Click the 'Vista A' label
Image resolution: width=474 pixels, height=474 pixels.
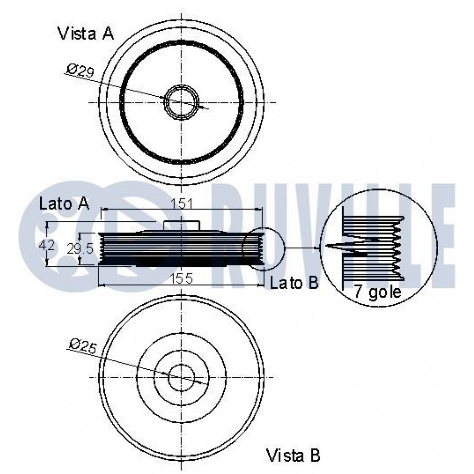(85, 33)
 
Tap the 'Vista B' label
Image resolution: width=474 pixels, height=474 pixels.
(292, 455)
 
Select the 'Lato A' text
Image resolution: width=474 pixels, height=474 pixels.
(64, 204)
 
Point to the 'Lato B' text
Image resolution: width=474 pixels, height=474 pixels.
(294, 283)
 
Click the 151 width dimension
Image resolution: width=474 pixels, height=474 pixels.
(182, 204)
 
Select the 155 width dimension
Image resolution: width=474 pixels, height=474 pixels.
(181, 278)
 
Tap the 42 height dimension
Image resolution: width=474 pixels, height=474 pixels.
(47, 245)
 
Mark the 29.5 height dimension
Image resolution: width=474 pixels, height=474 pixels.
(80, 249)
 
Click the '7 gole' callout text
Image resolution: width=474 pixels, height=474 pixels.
(377, 292)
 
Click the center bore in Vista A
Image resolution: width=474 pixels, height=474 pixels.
(182, 102)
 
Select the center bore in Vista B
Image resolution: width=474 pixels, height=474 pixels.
(182, 377)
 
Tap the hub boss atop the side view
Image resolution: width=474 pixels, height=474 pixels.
(182, 226)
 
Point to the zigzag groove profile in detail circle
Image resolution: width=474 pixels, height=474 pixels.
(398, 247)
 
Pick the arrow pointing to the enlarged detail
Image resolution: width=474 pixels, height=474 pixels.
(302, 248)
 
